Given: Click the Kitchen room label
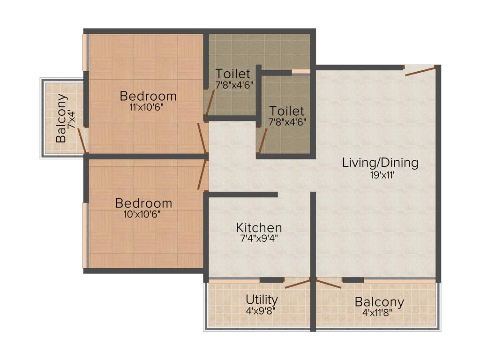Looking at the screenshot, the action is click(259, 227).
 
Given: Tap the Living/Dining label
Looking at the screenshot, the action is click(380, 163).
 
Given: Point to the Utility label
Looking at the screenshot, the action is click(262, 300).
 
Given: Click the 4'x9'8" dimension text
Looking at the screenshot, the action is click(261, 311).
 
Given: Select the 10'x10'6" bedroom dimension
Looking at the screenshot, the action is click(142, 214).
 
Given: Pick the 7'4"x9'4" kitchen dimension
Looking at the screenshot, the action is click(259, 238).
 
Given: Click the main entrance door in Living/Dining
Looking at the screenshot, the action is click(420, 70).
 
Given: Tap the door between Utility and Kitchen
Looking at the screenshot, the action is click(298, 284).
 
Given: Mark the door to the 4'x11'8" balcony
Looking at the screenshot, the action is click(329, 284).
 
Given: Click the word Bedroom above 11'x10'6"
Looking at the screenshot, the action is click(148, 96).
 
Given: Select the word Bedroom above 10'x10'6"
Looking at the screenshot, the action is click(143, 203).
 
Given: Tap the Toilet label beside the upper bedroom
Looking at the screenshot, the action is click(233, 74).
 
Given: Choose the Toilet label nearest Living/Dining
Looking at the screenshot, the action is click(287, 111).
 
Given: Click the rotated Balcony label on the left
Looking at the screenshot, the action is click(61, 118).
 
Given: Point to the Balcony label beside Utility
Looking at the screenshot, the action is click(380, 302).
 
